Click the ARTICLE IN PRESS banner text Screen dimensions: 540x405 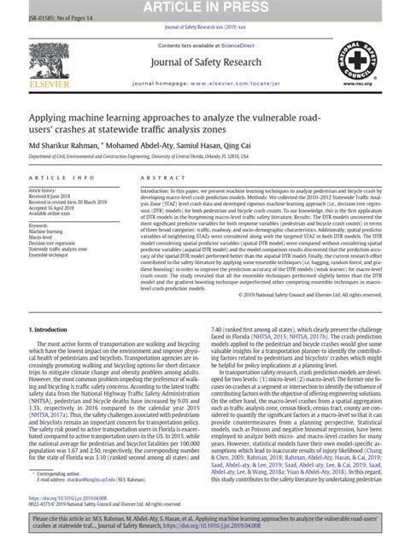[x=202, y=7]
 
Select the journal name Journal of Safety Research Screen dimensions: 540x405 [x=202, y=60]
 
